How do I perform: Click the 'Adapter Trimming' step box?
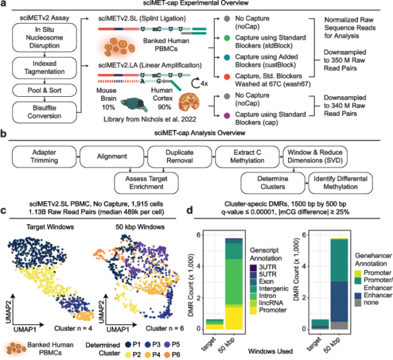(44, 153)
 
